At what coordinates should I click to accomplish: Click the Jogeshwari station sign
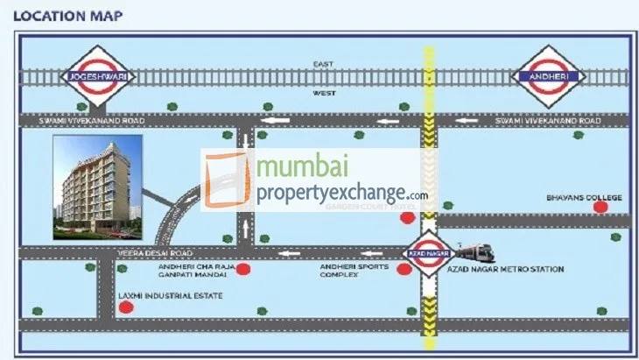click(93, 77)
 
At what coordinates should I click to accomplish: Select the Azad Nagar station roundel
click(428, 251)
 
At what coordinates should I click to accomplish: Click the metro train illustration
click(473, 252)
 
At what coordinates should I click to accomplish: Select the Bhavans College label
click(584, 198)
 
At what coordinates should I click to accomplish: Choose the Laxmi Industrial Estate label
click(170, 296)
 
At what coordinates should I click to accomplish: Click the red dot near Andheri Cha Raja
click(244, 270)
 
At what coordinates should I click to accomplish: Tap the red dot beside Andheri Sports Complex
click(404, 270)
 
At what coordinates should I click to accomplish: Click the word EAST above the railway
click(324, 64)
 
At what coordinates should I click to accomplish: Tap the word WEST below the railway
click(324, 91)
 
